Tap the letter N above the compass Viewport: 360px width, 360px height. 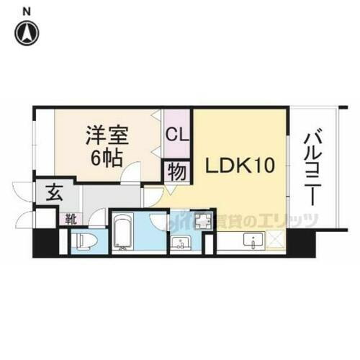(x=27, y=11)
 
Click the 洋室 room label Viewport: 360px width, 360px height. (x=105, y=135)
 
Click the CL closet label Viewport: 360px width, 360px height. (x=177, y=135)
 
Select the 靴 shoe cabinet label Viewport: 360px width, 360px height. (x=73, y=215)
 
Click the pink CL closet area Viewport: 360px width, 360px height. (x=177, y=122)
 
